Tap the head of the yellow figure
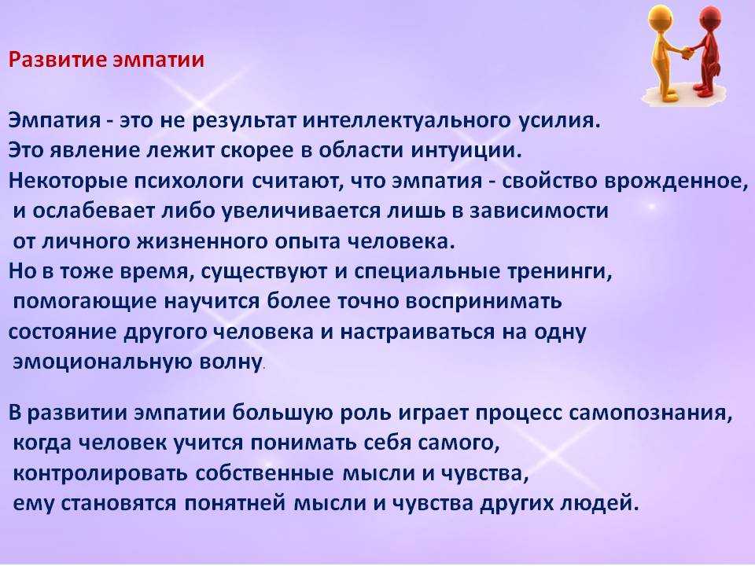[662, 17]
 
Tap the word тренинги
[561, 273]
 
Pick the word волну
[231, 362]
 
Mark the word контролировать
[101, 474]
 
